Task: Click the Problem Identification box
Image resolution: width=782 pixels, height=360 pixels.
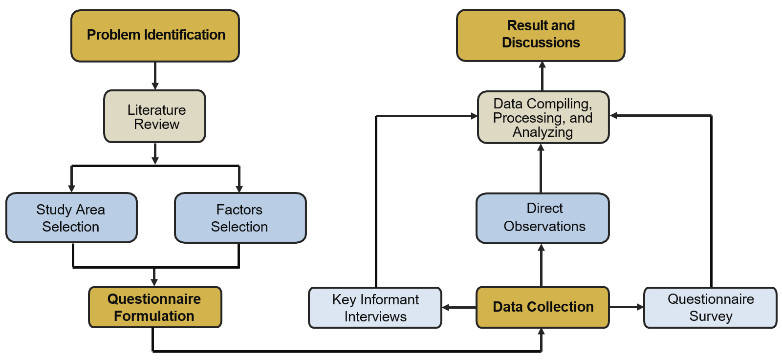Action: pyautogui.click(x=155, y=36)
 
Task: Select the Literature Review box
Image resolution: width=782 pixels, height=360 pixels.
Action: pyautogui.click(x=154, y=116)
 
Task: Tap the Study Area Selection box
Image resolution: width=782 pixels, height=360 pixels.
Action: pyautogui.click(x=71, y=218)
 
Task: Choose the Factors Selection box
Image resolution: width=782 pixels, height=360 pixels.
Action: pyautogui.click(x=240, y=218)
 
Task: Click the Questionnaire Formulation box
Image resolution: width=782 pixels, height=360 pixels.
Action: pyautogui.click(x=154, y=307)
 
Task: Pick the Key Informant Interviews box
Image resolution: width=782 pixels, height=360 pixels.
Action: pyautogui.click(x=375, y=308)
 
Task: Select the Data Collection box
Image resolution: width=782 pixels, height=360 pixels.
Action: pyautogui.click(x=543, y=307)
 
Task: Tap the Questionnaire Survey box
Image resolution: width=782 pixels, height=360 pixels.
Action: pyautogui.click(x=710, y=308)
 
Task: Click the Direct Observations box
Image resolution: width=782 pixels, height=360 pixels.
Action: pyautogui.click(x=543, y=218)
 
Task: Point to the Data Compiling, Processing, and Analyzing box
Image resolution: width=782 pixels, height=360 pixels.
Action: pyautogui.click(x=543, y=117)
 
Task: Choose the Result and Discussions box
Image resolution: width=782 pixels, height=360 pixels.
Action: pyautogui.click(x=541, y=35)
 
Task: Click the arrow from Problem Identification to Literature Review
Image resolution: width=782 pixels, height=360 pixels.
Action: pyautogui.click(x=155, y=76)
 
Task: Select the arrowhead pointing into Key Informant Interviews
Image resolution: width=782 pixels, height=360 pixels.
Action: pyautogui.click(x=446, y=307)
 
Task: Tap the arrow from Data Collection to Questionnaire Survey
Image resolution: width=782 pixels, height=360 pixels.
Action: pyautogui.click(x=626, y=307)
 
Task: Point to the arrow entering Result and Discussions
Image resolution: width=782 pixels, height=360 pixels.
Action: pyautogui.click(x=542, y=76)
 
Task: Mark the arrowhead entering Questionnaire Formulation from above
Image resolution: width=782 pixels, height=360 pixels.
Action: pyautogui.click(x=154, y=282)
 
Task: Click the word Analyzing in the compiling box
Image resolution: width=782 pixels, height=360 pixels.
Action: pyautogui.click(x=543, y=132)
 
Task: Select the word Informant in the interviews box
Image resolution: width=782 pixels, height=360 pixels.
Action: pyautogui.click(x=389, y=299)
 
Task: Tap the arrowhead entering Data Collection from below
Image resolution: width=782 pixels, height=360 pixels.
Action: pyautogui.click(x=541, y=332)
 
